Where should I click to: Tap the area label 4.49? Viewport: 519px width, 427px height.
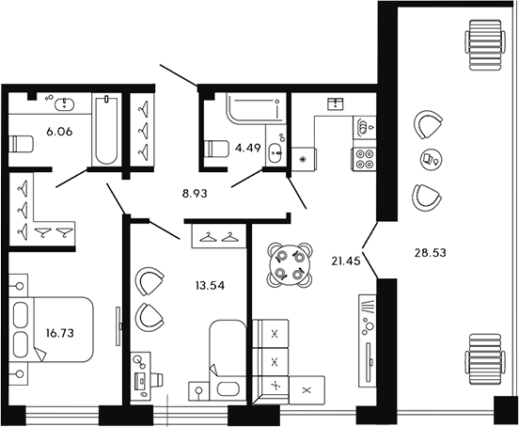point(246,147)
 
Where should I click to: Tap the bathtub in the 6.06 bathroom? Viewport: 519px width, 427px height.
point(105,130)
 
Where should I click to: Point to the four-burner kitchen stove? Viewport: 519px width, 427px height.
point(364,160)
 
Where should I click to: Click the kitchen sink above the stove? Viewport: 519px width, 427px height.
point(364,124)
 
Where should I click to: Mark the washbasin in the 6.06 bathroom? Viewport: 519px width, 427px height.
point(65,103)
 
